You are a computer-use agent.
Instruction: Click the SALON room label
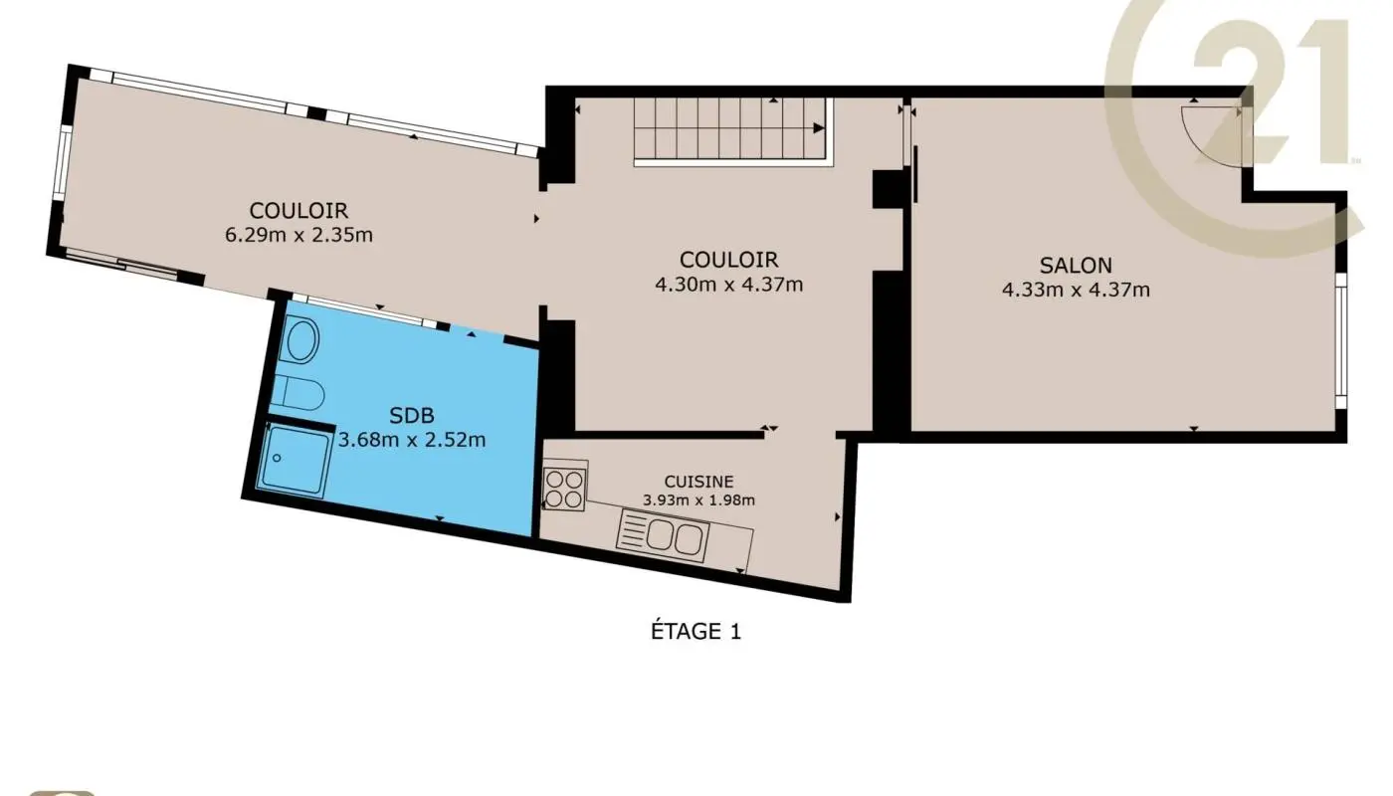pos(1076,266)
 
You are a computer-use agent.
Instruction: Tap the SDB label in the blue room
pos(412,416)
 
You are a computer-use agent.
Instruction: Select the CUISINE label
pos(698,482)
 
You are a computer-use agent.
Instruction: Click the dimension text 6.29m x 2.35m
pos(298,235)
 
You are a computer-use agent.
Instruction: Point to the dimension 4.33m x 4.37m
pos(1076,290)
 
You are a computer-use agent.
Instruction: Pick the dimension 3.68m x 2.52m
pos(412,439)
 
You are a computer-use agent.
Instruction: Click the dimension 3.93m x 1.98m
pos(698,500)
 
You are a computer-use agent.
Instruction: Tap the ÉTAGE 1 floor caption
pos(695,631)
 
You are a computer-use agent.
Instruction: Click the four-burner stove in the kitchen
pos(564,488)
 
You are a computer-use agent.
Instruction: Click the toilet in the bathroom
pos(298,392)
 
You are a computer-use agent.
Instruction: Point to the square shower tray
pos(293,458)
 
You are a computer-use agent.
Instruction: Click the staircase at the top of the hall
pos(731,129)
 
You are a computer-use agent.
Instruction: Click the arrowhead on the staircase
pos(819,128)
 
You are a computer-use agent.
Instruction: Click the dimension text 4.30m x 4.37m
pos(728,284)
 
